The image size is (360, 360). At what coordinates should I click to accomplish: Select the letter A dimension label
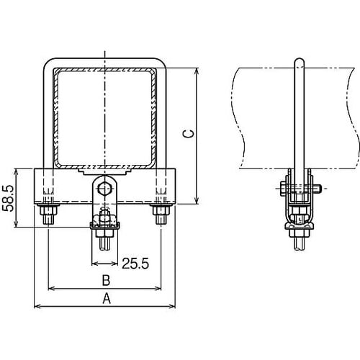[x=107, y=297]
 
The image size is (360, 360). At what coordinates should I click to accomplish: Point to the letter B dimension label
[x=105, y=279]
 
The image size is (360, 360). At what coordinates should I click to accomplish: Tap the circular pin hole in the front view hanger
[x=105, y=189]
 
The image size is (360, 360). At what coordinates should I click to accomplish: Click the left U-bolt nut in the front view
[x=49, y=214]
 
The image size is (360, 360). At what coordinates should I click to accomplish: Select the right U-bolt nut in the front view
[x=161, y=214]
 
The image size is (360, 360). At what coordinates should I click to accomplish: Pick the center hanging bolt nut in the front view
[x=105, y=229]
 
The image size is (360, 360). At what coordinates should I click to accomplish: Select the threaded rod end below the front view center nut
[x=105, y=245]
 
